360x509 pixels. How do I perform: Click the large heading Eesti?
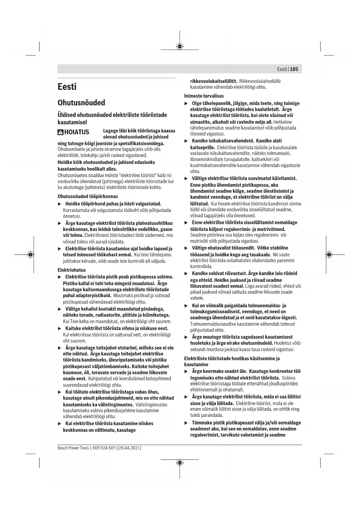tap(67, 87)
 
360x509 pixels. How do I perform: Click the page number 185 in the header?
tap(294, 69)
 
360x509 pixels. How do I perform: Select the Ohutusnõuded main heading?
tap(81, 103)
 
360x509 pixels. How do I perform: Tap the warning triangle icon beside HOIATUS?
tap(60, 132)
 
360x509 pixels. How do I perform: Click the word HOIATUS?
tap(77, 132)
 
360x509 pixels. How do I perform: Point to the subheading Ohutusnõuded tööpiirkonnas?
tap(88, 196)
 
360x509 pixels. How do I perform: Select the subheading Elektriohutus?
tap(72, 270)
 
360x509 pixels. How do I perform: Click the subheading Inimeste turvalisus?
tap(204, 96)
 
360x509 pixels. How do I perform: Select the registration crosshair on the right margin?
tap(329, 255)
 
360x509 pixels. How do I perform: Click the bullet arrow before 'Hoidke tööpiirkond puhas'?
tap(60, 204)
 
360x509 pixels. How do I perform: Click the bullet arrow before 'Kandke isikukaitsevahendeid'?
tap(186, 141)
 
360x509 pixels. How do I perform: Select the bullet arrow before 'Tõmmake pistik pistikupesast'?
tap(186, 423)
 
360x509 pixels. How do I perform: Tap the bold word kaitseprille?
tap(202, 147)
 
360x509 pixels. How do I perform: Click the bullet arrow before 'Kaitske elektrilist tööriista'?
tap(60, 328)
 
